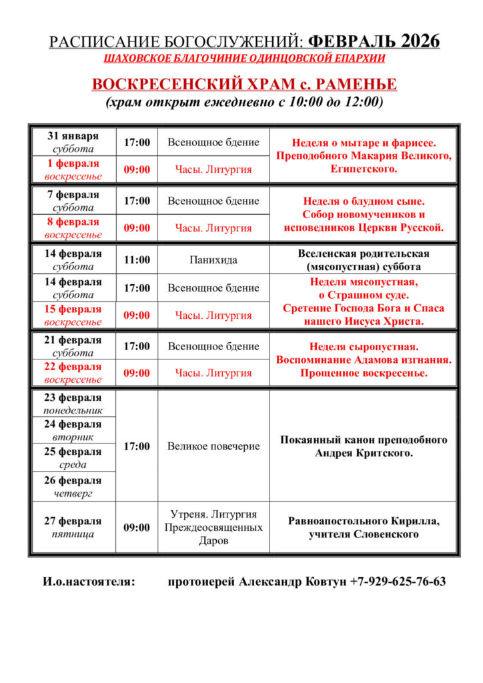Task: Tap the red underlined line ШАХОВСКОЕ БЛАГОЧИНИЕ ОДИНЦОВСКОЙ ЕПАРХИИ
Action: pos(245,59)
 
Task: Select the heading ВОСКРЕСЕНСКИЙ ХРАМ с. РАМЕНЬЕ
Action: pos(244,85)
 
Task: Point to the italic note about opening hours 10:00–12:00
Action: pos(244,103)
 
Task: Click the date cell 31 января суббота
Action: pos(73,142)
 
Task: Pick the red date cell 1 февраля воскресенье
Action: pos(73,169)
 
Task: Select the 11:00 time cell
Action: pos(137,260)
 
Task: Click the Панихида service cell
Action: pos(213,260)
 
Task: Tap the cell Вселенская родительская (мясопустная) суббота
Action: pos(364,260)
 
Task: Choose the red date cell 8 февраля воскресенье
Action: pos(73,228)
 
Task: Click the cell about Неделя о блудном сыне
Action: pos(364,214)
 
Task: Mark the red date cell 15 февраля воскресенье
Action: pos(73,315)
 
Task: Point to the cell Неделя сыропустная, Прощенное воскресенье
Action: pos(364,360)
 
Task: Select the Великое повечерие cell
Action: pos(213,446)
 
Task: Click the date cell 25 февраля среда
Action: pos(73,458)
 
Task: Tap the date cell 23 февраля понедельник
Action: pos(73,403)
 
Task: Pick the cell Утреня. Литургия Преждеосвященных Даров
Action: pos(213,528)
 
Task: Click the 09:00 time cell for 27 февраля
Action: pos(137,528)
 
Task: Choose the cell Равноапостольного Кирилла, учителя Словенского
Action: pos(364,528)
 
